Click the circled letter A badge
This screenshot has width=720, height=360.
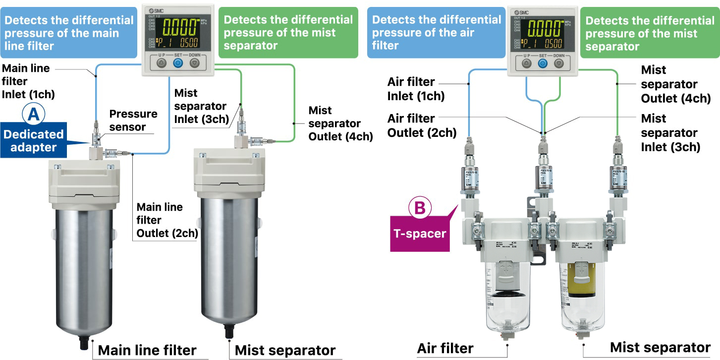point(33,115)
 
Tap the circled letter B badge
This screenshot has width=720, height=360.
point(419,208)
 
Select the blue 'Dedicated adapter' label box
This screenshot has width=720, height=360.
point(34,141)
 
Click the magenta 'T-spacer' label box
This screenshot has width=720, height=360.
point(419,234)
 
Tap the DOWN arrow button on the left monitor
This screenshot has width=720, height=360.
point(194,63)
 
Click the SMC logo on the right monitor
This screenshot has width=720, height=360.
point(522,12)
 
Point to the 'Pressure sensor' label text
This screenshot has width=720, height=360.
point(133,120)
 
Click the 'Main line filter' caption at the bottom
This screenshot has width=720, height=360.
point(147,350)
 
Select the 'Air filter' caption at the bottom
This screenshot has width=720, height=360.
point(445,349)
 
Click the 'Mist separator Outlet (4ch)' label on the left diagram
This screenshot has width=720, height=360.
point(340,123)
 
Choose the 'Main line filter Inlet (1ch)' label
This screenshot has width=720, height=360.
point(28,81)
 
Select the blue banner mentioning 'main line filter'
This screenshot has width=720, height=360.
point(69,33)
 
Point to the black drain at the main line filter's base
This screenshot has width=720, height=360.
point(85,343)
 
